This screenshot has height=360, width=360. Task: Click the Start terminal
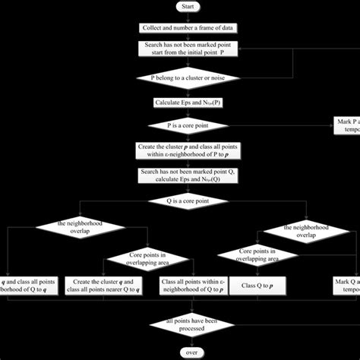click(x=186, y=7)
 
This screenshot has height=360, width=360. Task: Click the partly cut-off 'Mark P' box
click(x=346, y=125)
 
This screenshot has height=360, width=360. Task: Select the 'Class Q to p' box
click(x=258, y=286)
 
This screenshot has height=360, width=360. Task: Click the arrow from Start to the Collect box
click(x=186, y=17)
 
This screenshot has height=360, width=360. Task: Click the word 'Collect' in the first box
click(x=152, y=28)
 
